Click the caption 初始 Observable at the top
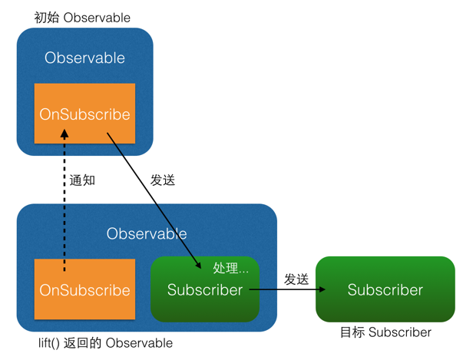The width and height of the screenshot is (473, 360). [x=82, y=17]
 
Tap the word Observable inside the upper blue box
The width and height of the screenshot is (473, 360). [x=84, y=58]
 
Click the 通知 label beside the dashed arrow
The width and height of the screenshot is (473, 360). [x=82, y=180]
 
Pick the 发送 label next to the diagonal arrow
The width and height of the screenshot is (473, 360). [x=163, y=180]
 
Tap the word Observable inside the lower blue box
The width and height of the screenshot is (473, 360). [x=146, y=233]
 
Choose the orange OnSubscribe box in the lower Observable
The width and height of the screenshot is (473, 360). [x=84, y=290]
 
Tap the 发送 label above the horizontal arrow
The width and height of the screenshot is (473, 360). [x=296, y=279]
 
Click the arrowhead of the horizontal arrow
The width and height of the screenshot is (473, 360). [x=322, y=290]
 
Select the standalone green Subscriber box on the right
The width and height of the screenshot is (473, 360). [x=385, y=289]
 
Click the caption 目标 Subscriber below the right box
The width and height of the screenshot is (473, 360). [x=385, y=332]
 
